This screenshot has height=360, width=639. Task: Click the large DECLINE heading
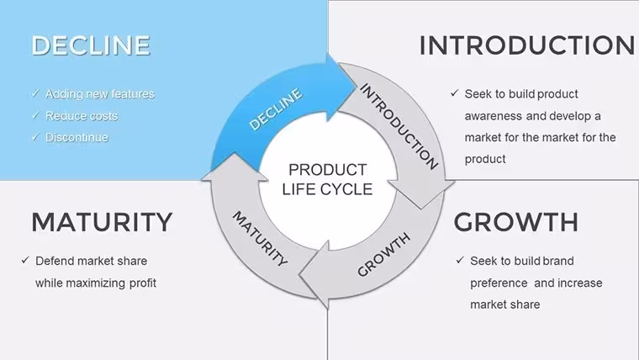click(x=91, y=45)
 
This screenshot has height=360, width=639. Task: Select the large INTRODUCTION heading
click(x=527, y=45)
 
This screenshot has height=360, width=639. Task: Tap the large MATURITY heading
click(x=102, y=222)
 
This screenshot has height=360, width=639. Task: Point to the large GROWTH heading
click(x=516, y=222)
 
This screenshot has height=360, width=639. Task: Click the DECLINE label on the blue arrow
click(x=276, y=109)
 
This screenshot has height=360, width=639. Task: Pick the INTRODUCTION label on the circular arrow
click(x=399, y=126)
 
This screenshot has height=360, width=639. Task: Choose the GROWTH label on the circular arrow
click(x=383, y=255)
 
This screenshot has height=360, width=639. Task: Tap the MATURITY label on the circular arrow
click(x=260, y=239)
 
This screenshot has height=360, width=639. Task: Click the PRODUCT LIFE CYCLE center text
click(x=327, y=179)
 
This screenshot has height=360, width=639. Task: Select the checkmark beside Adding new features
click(x=35, y=93)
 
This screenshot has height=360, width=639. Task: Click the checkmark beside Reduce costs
click(x=35, y=115)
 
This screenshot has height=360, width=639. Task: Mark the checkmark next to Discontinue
click(x=35, y=137)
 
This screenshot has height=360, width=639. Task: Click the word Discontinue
click(x=77, y=137)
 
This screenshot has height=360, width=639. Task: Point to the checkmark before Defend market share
click(x=25, y=260)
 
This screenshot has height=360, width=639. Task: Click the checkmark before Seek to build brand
click(x=460, y=260)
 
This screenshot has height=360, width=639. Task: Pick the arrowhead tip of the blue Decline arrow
click(x=357, y=83)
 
